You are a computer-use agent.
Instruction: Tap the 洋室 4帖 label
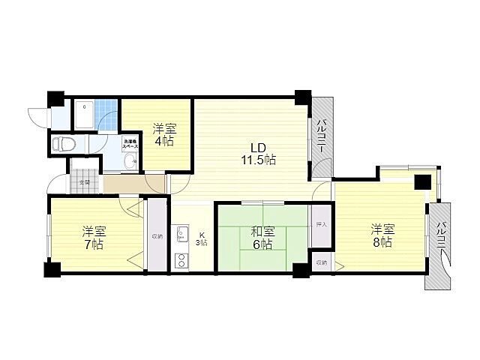164,133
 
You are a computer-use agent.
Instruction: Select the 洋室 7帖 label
93,238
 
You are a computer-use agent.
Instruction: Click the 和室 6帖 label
262,238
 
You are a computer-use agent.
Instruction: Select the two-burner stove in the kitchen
181,262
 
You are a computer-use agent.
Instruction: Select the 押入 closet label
321,224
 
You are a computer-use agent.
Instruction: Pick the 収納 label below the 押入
321,262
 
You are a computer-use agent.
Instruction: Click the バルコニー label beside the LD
320,136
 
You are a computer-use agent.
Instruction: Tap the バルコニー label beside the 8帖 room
442,239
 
